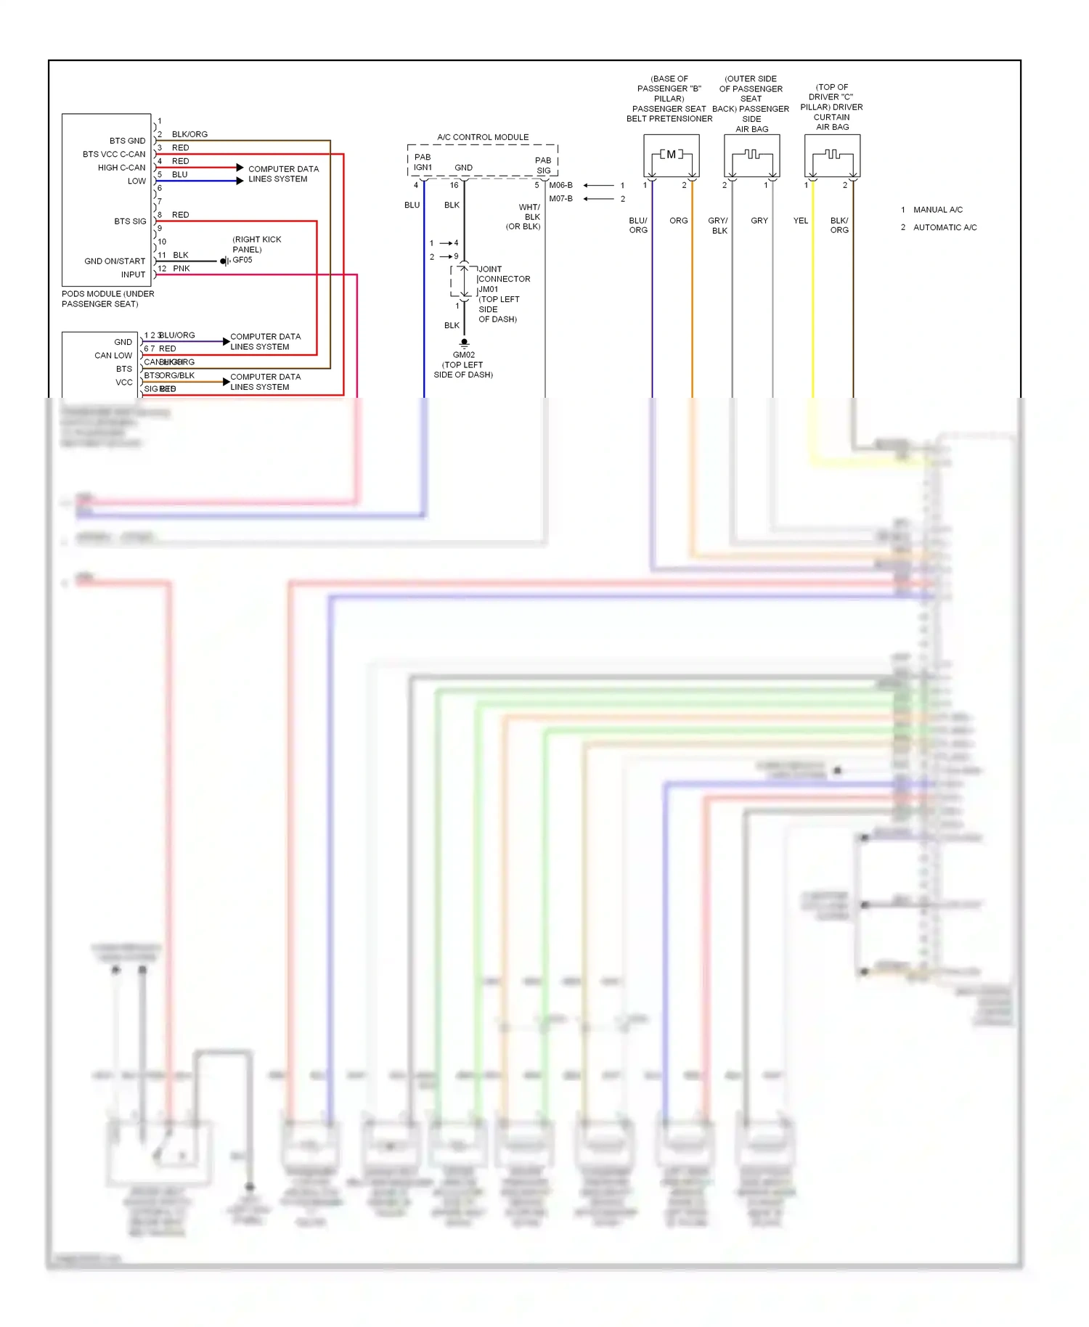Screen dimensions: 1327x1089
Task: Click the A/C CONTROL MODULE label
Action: (x=483, y=137)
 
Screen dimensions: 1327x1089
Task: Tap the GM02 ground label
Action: (x=463, y=355)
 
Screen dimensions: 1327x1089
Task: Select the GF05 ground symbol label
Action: (x=242, y=260)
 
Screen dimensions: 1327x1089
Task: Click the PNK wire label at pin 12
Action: (x=181, y=269)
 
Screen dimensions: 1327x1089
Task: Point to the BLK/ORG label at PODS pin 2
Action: (x=189, y=134)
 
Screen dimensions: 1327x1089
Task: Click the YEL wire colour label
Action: (x=800, y=221)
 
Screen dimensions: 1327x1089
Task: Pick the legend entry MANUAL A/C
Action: (x=937, y=210)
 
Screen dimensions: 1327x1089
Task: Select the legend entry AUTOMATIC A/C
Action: (x=945, y=227)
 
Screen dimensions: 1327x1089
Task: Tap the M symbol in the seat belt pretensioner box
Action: (x=672, y=154)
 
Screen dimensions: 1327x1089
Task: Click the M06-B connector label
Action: (x=560, y=185)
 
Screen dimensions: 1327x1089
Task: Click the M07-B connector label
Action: (x=560, y=199)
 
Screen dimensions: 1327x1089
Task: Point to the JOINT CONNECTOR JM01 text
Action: (x=503, y=279)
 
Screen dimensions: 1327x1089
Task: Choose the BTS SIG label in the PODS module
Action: (x=130, y=221)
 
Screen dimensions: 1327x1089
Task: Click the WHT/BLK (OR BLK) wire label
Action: (x=524, y=217)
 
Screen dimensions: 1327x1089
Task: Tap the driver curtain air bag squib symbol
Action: (x=832, y=155)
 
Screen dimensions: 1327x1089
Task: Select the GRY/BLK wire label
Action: (x=718, y=226)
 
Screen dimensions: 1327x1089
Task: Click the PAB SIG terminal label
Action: (x=543, y=166)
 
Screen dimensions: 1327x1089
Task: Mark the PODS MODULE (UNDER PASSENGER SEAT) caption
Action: (x=107, y=299)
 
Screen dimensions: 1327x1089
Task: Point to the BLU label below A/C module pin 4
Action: (x=412, y=205)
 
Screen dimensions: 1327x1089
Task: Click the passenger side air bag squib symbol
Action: (x=751, y=155)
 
